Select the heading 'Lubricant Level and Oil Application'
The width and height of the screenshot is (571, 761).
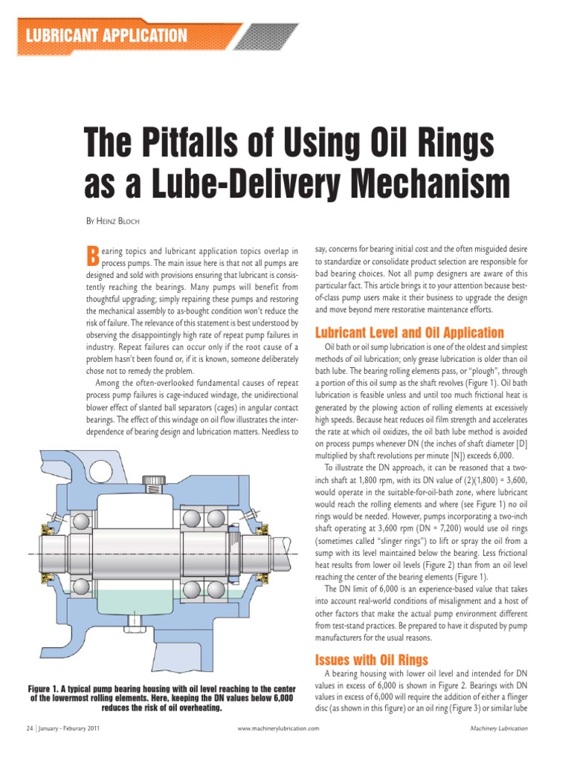tap(410, 332)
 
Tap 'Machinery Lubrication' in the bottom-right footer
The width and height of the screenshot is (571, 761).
tap(499, 729)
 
